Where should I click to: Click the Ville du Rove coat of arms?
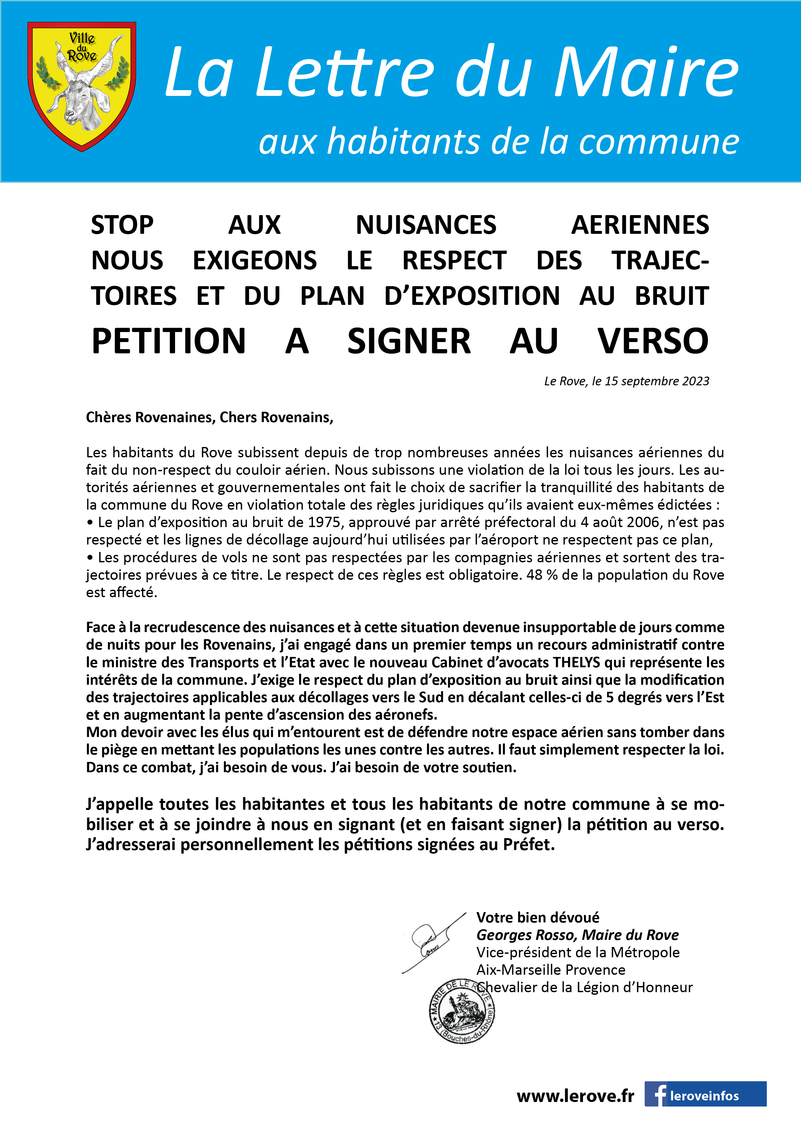point(81,86)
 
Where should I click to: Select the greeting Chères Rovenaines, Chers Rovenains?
point(209,418)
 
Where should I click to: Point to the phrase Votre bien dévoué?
point(537,917)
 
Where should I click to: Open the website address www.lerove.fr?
point(575,1096)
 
